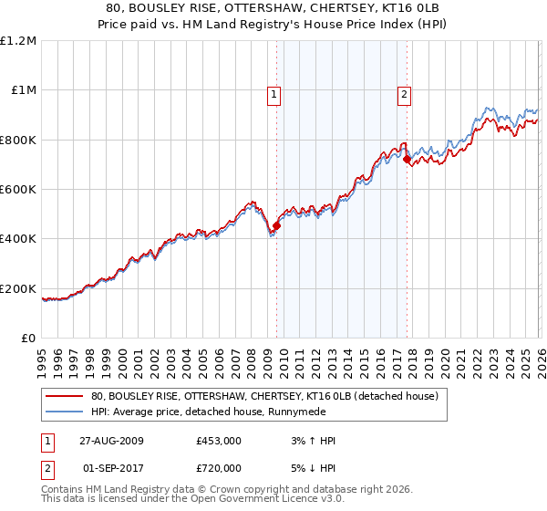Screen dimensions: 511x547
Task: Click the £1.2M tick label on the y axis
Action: [18, 40]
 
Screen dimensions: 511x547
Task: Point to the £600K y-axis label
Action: [18, 189]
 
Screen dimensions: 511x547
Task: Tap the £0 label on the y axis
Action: [29, 338]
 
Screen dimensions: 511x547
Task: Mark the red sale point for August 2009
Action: [276, 226]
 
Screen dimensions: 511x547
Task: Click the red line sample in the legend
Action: [65, 396]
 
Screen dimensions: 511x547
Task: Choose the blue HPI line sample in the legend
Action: [65, 412]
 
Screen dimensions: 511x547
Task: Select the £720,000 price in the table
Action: [218, 466]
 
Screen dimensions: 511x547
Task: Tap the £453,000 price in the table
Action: [218, 441]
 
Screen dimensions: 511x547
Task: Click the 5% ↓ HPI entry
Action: [310, 466]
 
